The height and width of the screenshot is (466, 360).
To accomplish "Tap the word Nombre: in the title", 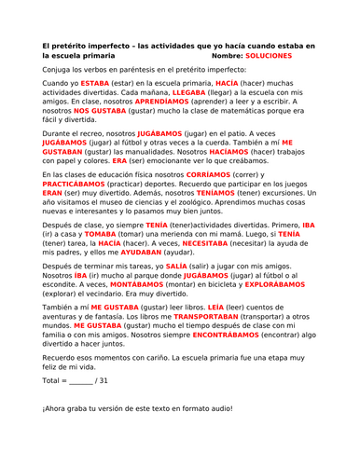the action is (218, 56).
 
